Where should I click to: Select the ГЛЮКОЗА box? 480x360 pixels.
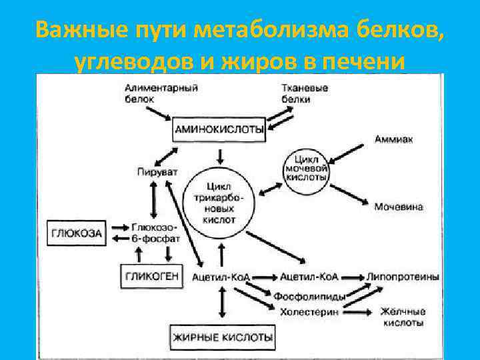77,233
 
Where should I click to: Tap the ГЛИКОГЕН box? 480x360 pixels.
153,275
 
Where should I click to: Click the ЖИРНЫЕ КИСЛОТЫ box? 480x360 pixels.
223,337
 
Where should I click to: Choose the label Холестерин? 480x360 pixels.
309,311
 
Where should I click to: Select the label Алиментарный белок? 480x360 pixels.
155,93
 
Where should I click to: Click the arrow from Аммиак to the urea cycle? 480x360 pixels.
351,151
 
